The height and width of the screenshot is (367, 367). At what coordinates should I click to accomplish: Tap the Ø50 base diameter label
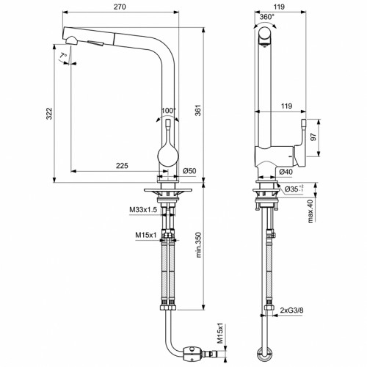[189, 172]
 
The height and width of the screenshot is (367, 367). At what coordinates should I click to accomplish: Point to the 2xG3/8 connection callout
[293, 310]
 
